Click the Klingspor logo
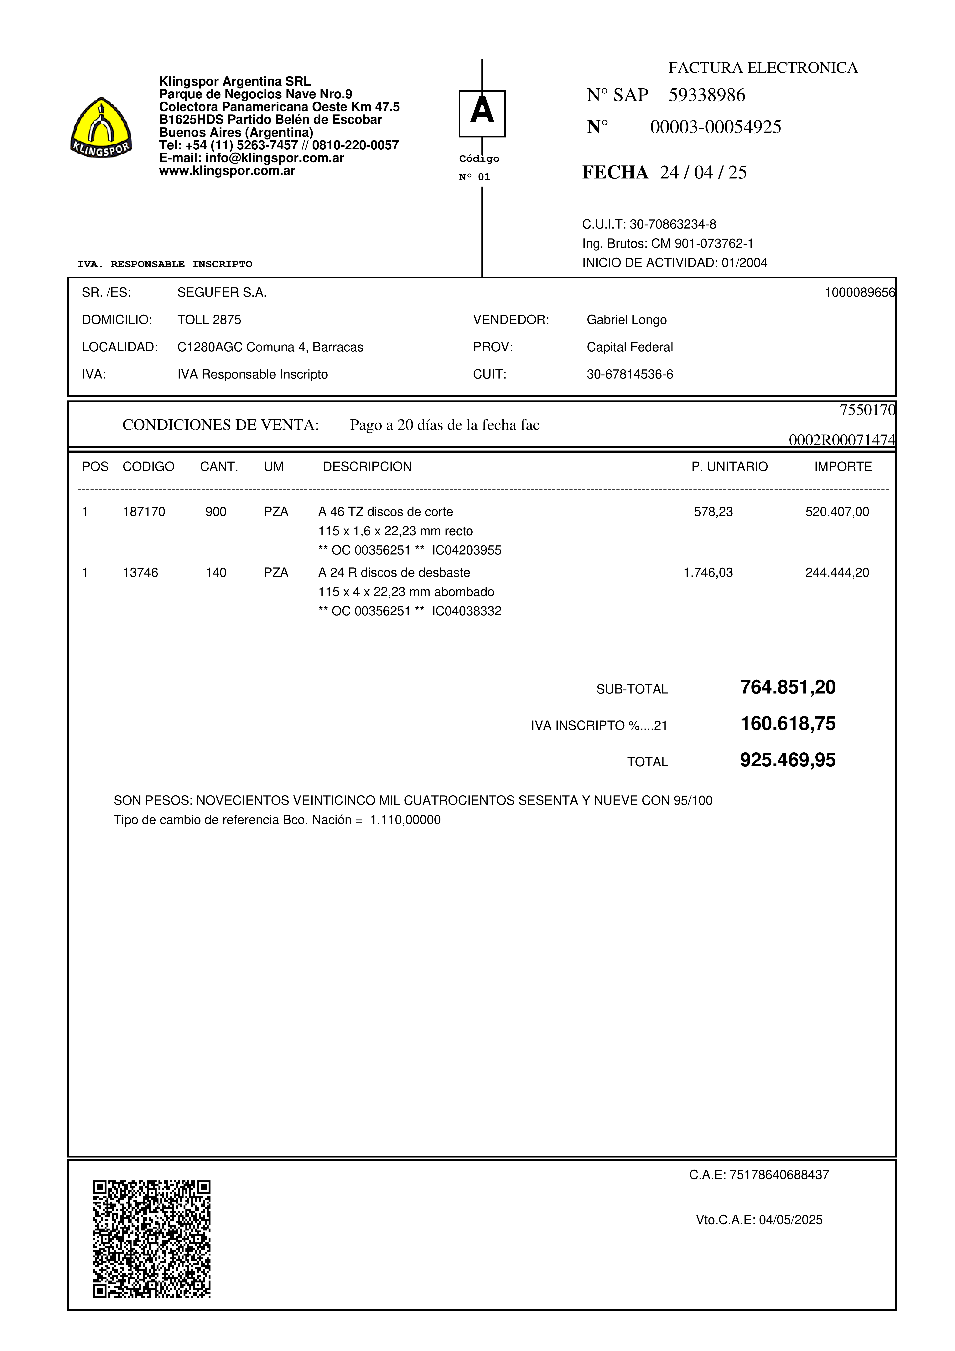tap(101, 128)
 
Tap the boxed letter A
tap(482, 113)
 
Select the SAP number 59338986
tap(707, 95)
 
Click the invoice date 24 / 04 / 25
tap(703, 172)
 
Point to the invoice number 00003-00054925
tap(715, 127)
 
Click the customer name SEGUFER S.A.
tap(222, 292)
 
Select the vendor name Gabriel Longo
tap(626, 320)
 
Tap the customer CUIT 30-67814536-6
tap(630, 374)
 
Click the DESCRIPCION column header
tap(367, 467)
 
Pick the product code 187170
tap(144, 512)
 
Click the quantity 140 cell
tap(216, 573)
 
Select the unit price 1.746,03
tap(708, 573)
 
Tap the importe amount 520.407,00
tap(837, 512)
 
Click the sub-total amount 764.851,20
tap(787, 687)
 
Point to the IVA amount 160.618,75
tap(787, 724)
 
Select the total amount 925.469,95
tap(787, 760)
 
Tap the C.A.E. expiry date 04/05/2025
tap(790, 1220)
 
